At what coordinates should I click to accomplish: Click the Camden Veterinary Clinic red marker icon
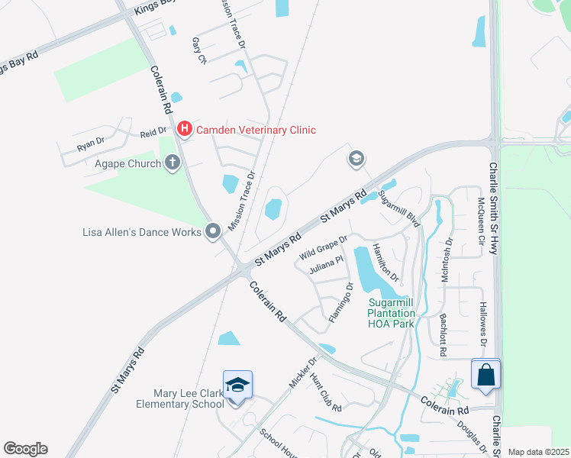(x=184, y=130)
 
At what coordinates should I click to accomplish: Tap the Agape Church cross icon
(x=173, y=163)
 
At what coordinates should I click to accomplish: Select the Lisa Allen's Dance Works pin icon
(x=213, y=231)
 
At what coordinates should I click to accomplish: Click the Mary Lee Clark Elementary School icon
(x=237, y=386)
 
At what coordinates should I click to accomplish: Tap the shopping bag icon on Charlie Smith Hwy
(x=486, y=375)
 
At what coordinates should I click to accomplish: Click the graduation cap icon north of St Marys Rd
(x=355, y=159)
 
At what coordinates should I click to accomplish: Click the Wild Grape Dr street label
(x=323, y=247)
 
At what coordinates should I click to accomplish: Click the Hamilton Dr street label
(x=386, y=262)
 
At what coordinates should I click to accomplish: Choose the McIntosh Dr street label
(x=447, y=260)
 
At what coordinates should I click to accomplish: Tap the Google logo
(x=25, y=449)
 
